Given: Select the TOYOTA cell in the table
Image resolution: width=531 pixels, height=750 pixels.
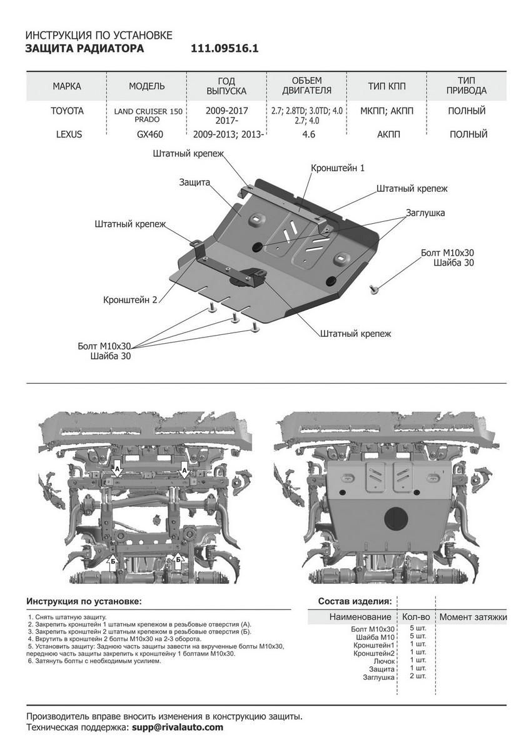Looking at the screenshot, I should click(x=67, y=111).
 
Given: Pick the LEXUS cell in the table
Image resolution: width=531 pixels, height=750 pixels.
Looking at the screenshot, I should click(x=67, y=134).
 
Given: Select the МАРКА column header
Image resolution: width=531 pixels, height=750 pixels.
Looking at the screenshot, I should click(x=67, y=86).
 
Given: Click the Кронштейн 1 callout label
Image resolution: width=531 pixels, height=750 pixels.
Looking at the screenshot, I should click(x=338, y=168).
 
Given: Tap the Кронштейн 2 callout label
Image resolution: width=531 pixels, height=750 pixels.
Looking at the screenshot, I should click(x=130, y=299).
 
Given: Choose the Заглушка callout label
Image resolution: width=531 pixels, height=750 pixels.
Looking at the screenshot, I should click(x=425, y=212).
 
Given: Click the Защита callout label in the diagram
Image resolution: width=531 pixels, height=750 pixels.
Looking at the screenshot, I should click(x=194, y=181).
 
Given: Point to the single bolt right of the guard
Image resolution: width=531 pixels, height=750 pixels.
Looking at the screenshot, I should click(x=375, y=288).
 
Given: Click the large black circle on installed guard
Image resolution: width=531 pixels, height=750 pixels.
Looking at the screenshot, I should click(x=395, y=517).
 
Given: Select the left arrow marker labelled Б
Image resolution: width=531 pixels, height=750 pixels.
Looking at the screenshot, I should click(x=114, y=560).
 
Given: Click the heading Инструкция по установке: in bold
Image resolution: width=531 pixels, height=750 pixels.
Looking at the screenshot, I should click(x=84, y=601).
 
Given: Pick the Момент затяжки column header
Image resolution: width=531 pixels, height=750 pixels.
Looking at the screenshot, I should click(x=472, y=617).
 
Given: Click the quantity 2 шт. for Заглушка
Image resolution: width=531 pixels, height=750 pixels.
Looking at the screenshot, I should click(x=417, y=676).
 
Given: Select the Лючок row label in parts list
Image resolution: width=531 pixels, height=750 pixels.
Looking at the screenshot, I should click(x=384, y=660).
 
